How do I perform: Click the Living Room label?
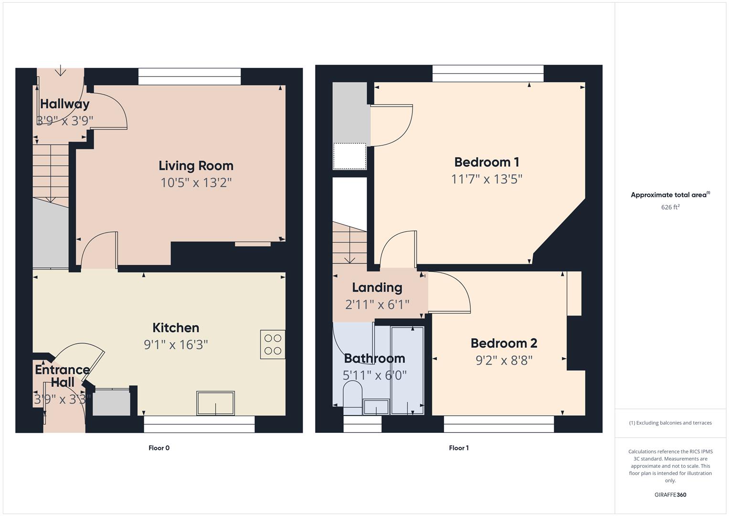pos(196,166)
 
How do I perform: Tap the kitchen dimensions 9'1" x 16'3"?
pos(176,344)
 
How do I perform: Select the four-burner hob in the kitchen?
pos(273,344)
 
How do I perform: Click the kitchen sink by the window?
pos(215,403)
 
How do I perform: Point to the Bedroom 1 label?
pos(486,162)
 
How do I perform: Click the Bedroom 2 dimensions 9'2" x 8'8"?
pos(504,360)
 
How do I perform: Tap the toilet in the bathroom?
pos(353,397)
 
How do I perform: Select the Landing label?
pos(377,288)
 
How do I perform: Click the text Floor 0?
pos(159,448)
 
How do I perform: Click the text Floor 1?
pos(459,448)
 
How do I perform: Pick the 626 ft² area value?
pos(670,207)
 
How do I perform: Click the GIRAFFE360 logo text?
pos(670,495)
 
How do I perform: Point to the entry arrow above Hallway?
pos(61,71)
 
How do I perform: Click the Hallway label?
pos(64,104)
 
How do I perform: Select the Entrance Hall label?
pos(62,376)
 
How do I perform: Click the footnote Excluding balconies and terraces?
pos(670,423)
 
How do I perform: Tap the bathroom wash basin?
pos(376,407)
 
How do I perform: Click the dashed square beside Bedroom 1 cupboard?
pos(349,156)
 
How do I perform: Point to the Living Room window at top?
pos(190,76)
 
